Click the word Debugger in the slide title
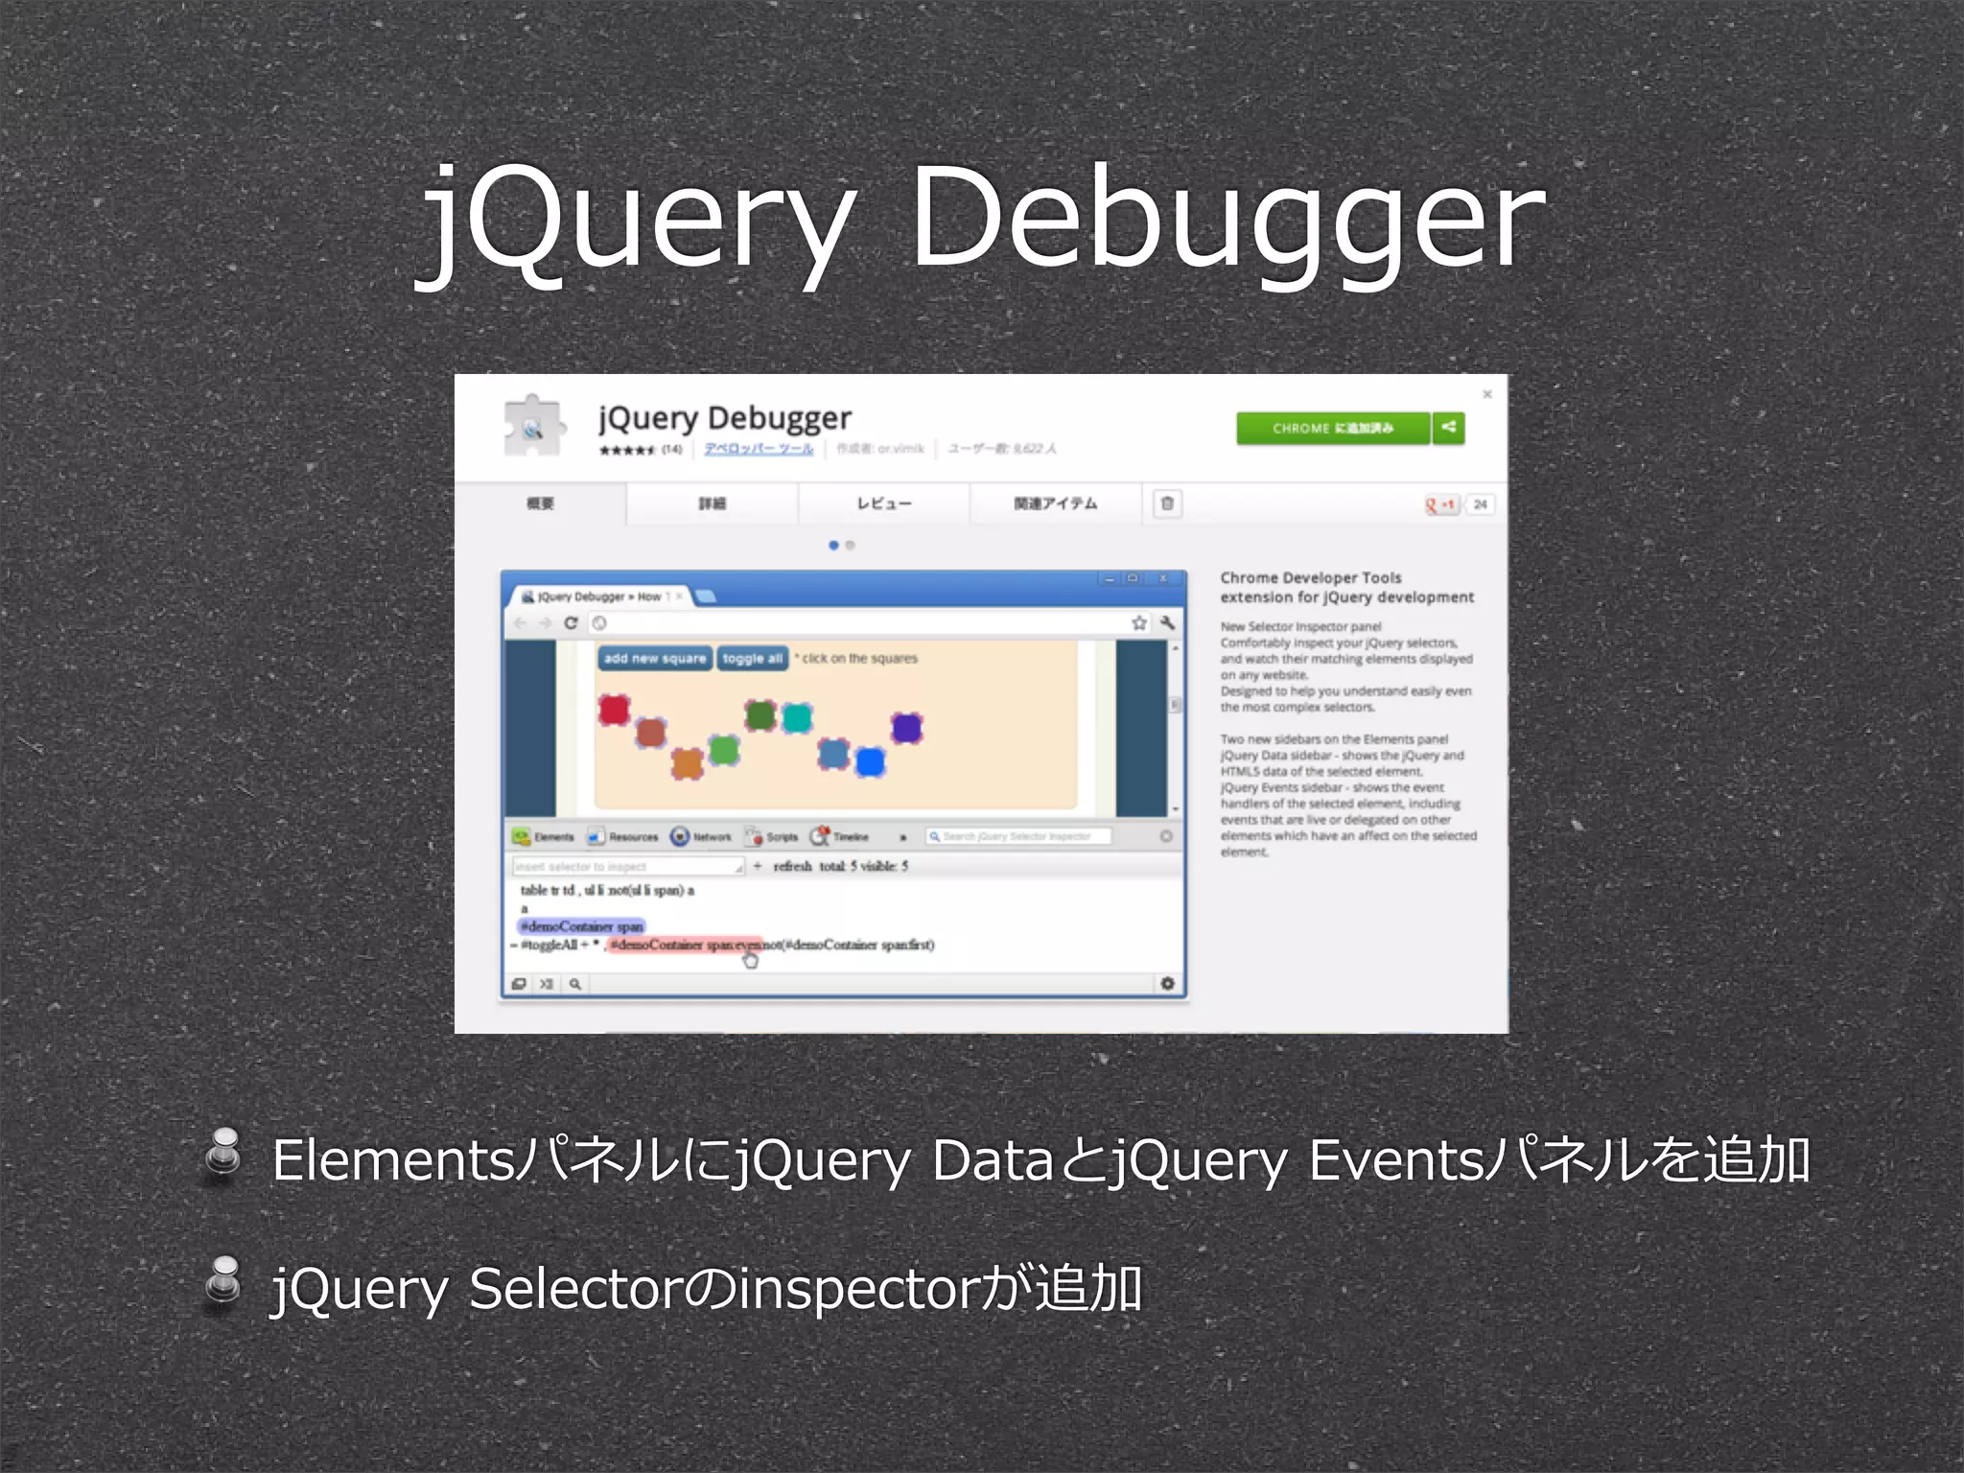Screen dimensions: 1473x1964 tap(1227, 219)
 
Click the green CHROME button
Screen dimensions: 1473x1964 tap(1332, 428)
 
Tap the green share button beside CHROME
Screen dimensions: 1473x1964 tap(1448, 428)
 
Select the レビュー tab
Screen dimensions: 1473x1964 tap(883, 503)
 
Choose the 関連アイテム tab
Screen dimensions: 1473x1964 tap(1055, 503)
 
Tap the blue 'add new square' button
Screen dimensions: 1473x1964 tap(655, 658)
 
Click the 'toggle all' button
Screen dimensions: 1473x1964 tap(753, 658)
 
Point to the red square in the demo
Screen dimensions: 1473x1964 tap(614, 710)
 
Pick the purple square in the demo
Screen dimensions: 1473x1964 tap(906, 728)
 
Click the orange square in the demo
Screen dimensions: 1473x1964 tap(688, 763)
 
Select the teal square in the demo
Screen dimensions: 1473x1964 tap(797, 717)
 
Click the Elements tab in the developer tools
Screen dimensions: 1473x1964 tap(544, 837)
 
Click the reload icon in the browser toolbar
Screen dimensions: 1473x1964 tap(571, 623)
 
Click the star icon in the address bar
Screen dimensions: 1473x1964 tap(1138, 623)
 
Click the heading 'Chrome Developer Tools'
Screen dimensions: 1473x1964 tap(1310, 577)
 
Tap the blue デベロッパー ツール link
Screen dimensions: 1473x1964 tap(759, 449)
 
